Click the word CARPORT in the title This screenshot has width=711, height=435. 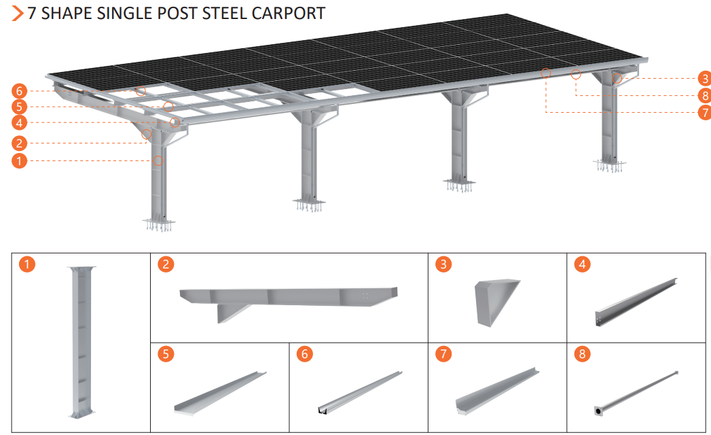pyautogui.click(x=289, y=13)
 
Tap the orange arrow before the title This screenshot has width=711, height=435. pyautogui.click(x=17, y=13)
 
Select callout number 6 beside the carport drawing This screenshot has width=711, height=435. pyautogui.click(x=19, y=91)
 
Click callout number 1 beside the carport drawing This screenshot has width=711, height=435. pyautogui.click(x=19, y=160)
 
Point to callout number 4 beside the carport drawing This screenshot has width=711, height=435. pyautogui.click(x=19, y=122)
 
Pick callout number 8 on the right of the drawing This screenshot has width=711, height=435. pyautogui.click(x=705, y=95)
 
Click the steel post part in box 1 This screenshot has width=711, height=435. pyautogui.click(x=81, y=342)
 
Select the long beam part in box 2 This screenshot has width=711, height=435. pyautogui.click(x=289, y=300)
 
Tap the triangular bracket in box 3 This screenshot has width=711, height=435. pyautogui.click(x=496, y=302)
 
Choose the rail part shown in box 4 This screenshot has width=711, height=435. pyautogui.click(x=636, y=302)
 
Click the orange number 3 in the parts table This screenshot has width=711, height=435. pyautogui.click(x=443, y=264)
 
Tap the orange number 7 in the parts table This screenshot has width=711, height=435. pyautogui.click(x=443, y=354)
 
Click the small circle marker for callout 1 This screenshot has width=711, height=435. pyautogui.click(x=158, y=160)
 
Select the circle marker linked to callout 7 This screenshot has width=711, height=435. pyautogui.click(x=546, y=73)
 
